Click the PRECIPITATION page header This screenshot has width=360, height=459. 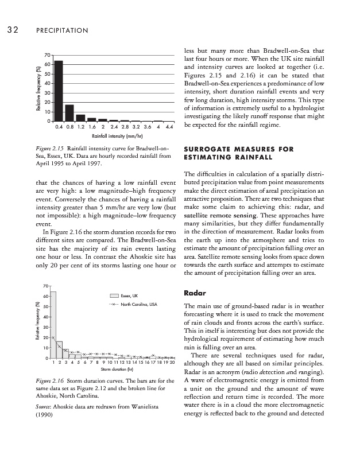(63, 30)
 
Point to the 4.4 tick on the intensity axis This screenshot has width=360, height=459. (169, 126)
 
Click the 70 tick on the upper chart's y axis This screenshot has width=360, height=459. (48, 55)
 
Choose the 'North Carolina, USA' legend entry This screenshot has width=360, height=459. (136, 304)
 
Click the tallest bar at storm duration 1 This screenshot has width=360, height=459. (53, 325)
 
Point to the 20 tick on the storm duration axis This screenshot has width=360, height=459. (171, 363)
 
